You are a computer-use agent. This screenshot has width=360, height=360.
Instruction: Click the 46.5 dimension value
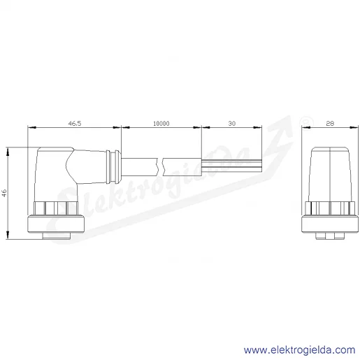coord(75,123)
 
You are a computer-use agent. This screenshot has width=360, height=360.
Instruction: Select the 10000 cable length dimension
coord(161,123)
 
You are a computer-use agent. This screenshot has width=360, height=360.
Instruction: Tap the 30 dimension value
coord(232,123)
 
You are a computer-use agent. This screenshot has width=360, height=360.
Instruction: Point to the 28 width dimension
coord(330,123)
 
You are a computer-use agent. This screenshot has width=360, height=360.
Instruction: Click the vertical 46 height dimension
coord(4,193)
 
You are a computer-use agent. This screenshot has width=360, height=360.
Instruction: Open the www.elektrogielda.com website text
coord(299,350)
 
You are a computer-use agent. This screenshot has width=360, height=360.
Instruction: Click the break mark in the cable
coord(160,167)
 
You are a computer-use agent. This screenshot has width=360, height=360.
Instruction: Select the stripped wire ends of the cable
coord(231,166)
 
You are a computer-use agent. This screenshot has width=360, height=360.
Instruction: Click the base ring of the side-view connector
coord(56,224)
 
